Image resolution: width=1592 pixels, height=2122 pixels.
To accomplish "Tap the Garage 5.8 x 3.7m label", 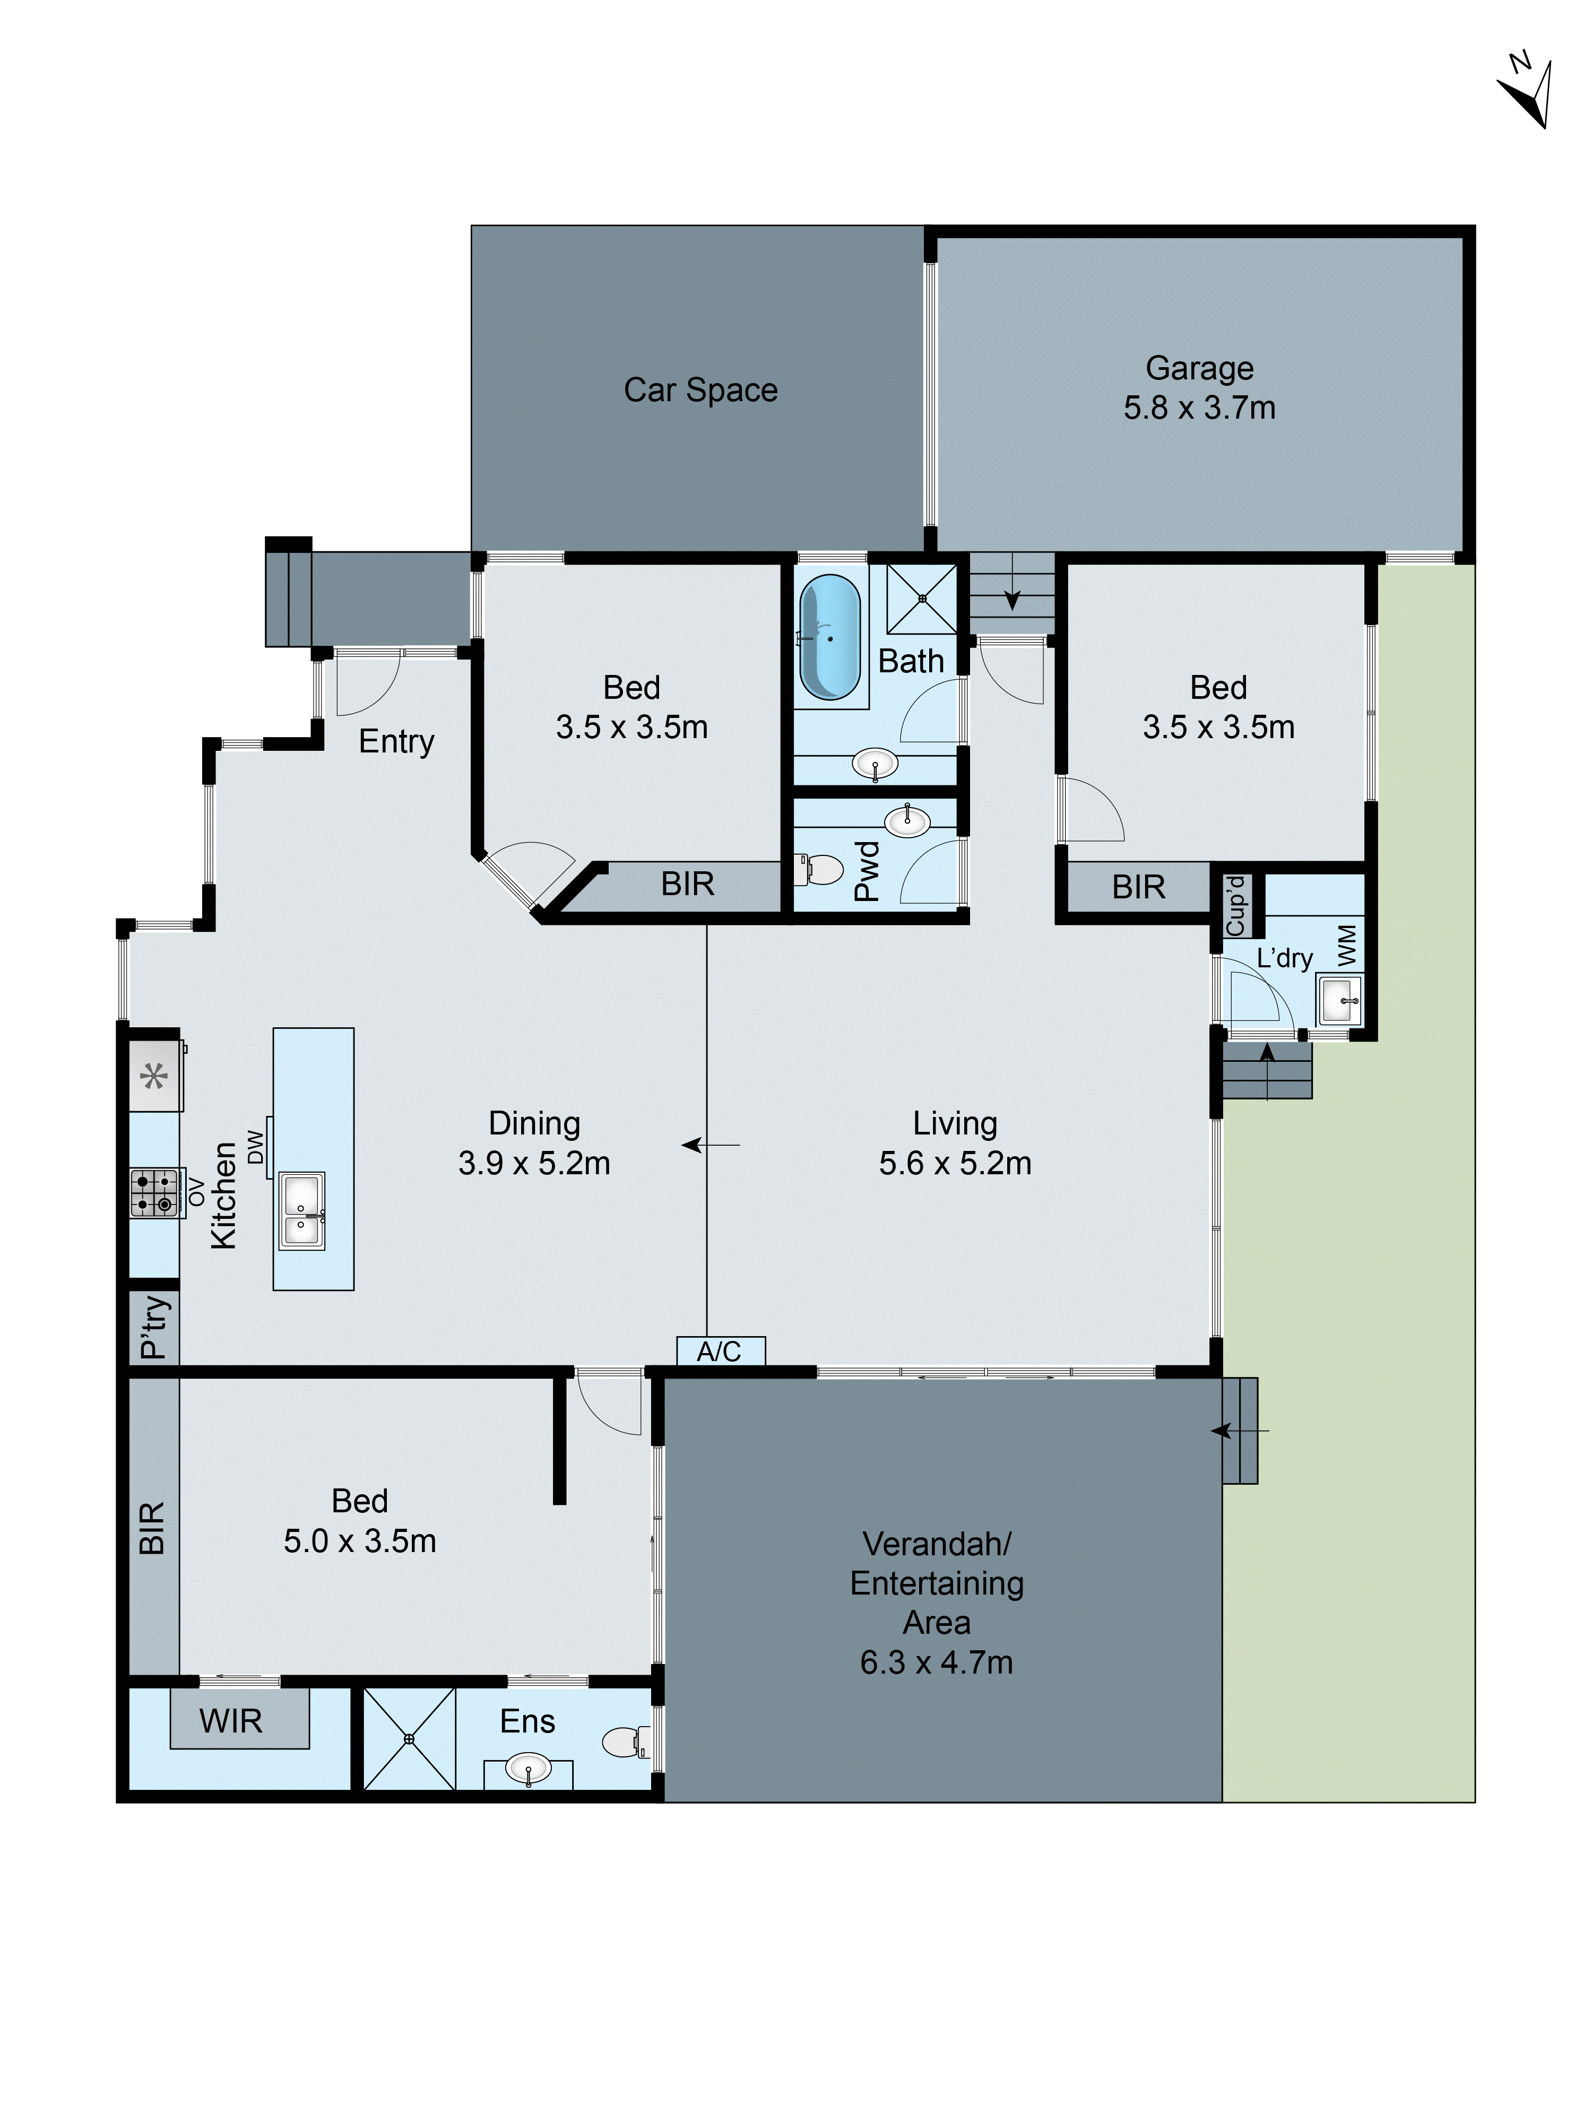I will coord(1199,387).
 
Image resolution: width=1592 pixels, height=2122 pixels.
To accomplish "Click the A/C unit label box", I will coord(720,1350).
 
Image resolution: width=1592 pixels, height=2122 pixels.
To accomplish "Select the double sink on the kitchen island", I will coord(301,1211).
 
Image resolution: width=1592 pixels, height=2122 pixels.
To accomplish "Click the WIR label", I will coord(230,1721).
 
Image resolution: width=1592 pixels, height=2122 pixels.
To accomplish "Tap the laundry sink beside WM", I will coord(1339,1001).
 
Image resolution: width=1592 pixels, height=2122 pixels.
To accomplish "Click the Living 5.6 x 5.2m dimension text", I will coord(955,1163).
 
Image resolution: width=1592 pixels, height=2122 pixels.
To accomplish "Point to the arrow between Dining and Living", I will coord(710,1145).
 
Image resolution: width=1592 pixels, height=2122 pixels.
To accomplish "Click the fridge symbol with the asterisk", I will coord(154,1076).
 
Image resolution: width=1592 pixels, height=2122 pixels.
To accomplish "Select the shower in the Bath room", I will coord(921,599).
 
